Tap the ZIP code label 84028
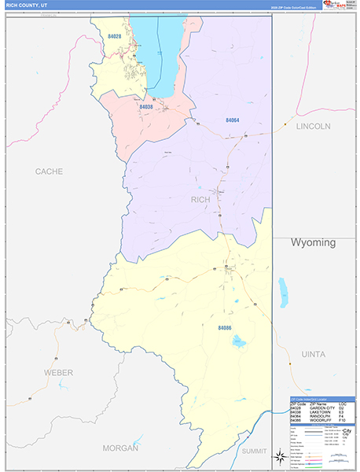[x=115, y=36]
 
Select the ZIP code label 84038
[x=145, y=106]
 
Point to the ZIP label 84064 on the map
[x=232, y=120]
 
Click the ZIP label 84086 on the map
[x=225, y=326]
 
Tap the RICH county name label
[x=201, y=200]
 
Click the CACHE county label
[x=49, y=171]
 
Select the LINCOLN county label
[x=314, y=126]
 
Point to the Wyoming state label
[x=313, y=242]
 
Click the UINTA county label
[x=313, y=355]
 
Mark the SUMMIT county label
[x=254, y=452]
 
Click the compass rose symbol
[x=279, y=455]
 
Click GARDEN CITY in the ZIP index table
[x=323, y=408]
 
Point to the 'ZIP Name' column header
[x=318, y=404]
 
